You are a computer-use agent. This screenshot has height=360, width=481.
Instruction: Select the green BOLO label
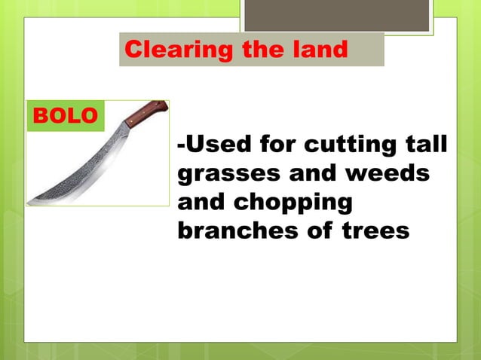(x=65, y=116)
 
